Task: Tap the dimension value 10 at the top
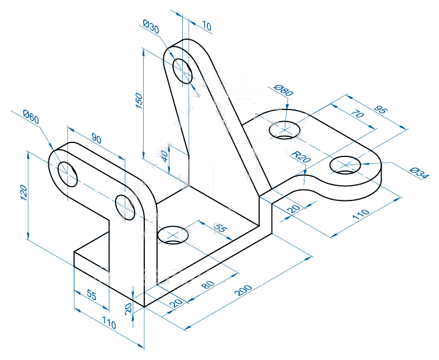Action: pyautogui.click(x=206, y=26)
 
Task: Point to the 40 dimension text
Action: pyautogui.click(x=164, y=155)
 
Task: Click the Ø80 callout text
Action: pyautogui.click(x=284, y=91)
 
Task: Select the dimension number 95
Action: pyautogui.click(x=380, y=111)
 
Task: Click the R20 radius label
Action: pyautogui.click(x=300, y=156)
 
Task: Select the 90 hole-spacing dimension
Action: pyautogui.click(x=95, y=139)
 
